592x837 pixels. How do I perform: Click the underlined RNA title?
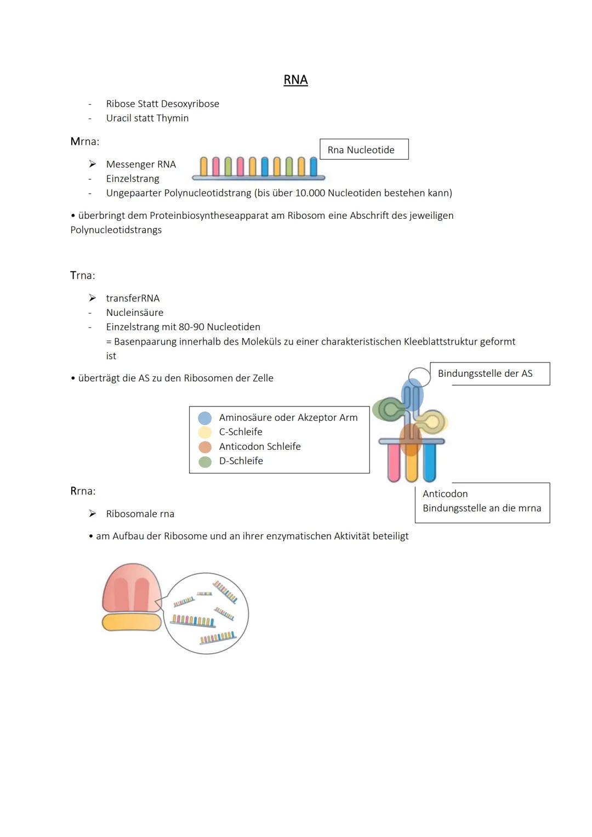pos(295,80)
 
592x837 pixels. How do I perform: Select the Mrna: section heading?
pos(84,142)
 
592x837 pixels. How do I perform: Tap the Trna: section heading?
pos(82,275)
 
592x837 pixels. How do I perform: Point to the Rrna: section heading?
pos(83,491)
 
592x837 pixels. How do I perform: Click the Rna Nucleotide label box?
pos(364,150)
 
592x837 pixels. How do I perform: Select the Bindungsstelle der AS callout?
pos(489,374)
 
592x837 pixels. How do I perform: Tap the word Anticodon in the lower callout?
pos(445,494)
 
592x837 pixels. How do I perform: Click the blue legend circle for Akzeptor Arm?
pos(205,418)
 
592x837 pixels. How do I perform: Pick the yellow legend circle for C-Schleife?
pos(205,432)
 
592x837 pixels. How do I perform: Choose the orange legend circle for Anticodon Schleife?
pos(205,447)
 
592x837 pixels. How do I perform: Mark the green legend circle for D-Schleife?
pos(205,461)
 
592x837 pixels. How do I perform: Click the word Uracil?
pos(119,118)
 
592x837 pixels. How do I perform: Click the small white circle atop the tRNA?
pos(419,377)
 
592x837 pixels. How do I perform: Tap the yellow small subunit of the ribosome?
pos(132,622)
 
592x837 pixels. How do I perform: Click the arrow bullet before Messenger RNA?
pos(93,164)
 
